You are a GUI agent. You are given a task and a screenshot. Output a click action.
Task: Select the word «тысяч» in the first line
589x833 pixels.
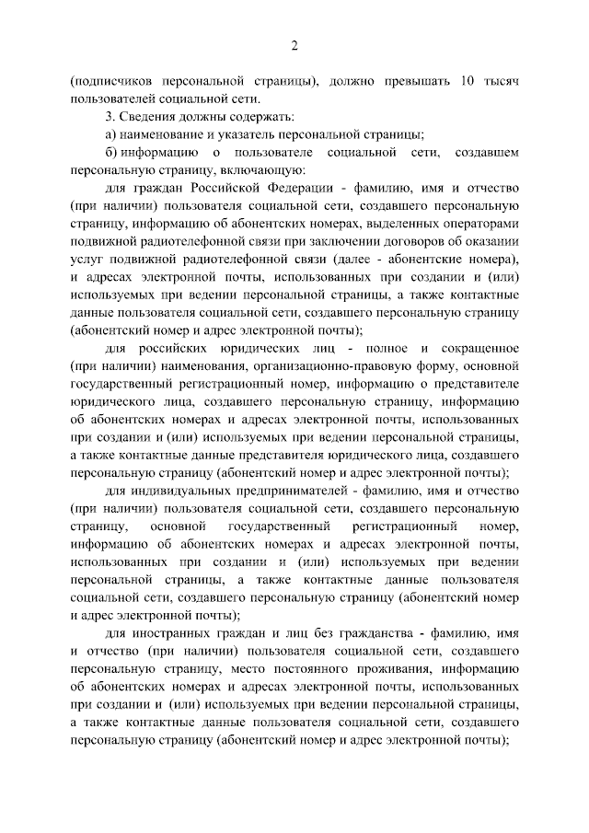point(501,81)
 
